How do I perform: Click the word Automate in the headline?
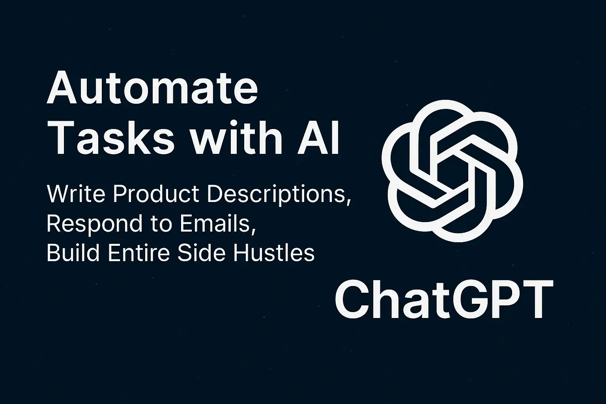coord(152,88)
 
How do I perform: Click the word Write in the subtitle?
coord(76,194)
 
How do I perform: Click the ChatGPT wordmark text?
coord(444,299)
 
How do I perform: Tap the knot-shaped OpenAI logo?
coord(453,171)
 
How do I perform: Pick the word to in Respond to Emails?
coord(161,224)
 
